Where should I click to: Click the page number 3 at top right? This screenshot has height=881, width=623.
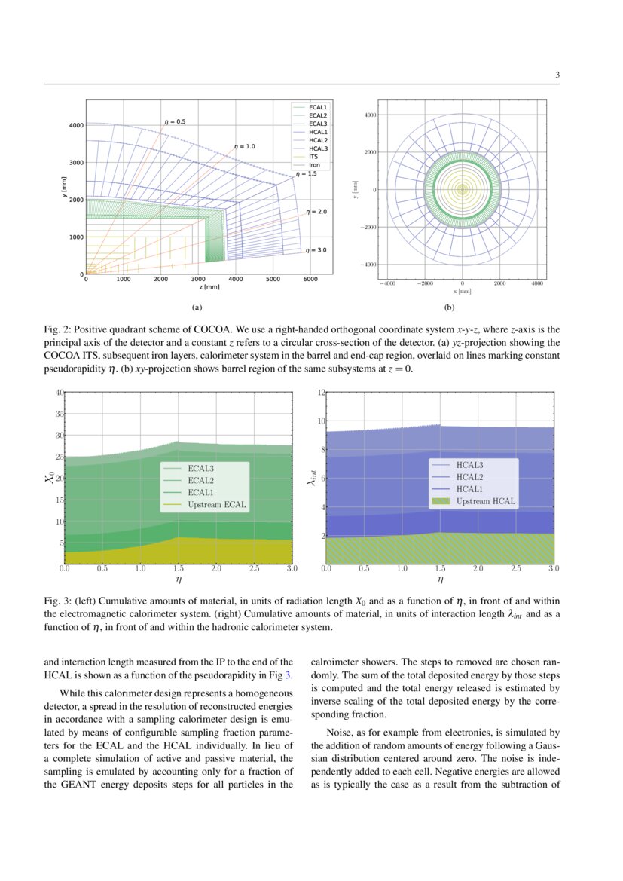pyautogui.click(x=557, y=75)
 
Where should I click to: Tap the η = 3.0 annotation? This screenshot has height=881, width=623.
pyautogui.click(x=316, y=250)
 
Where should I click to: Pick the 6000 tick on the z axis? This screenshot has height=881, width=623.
pyautogui.click(x=310, y=279)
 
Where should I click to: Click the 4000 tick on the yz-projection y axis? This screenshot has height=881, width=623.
pyautogui.click(x=76, y=125)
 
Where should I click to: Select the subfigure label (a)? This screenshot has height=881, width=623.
pyautogui.click(x=197, y=307)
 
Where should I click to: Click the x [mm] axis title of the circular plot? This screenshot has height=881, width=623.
pyautogui.click(x=462, y=291)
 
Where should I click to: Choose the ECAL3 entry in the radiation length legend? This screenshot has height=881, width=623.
pyautogui.click(x=201, y=469)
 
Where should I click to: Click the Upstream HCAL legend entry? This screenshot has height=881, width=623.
pyautogui.click(x=486, y=500)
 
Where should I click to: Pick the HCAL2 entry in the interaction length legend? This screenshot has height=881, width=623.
pyautogui.click(x=470, y=477)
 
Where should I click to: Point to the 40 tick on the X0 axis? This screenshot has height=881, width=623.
pyautogui.click(x=60, y=393)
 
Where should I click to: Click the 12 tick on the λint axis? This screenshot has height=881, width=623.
pyautogui.click(x=321, y=393)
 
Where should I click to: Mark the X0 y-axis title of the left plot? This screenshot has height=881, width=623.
pyautogui.click(x=50, y=477)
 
